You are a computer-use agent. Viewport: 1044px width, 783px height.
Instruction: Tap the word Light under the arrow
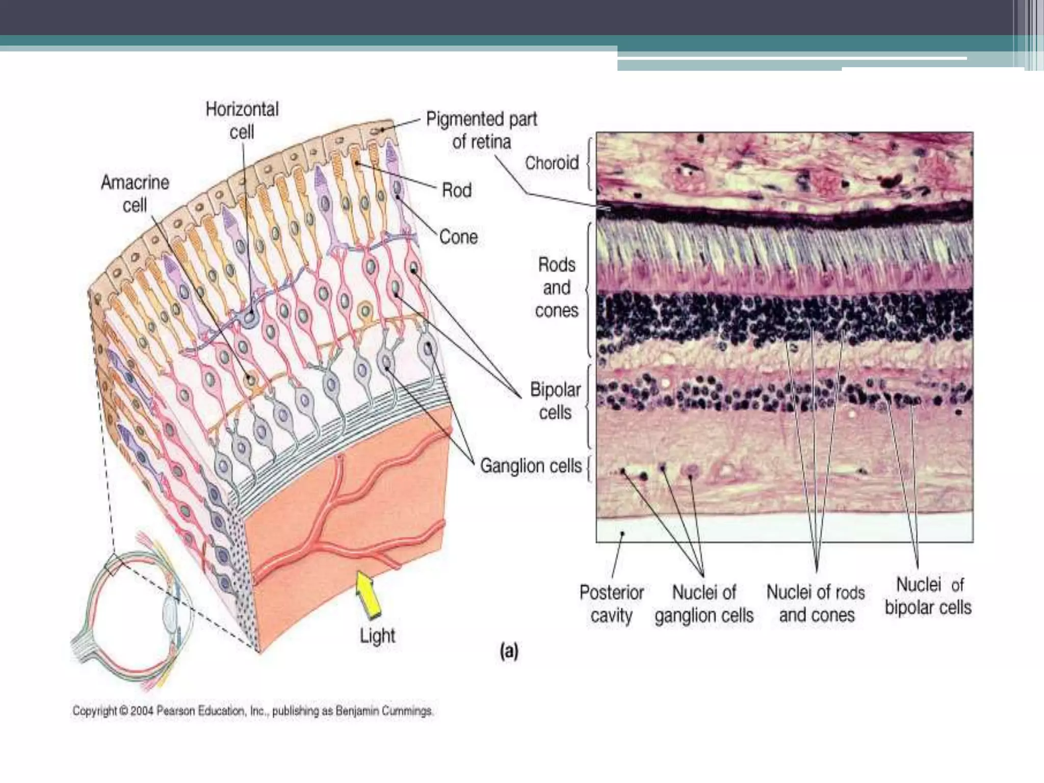coord(377,636)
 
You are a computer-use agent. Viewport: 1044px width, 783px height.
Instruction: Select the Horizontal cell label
coord(242,120)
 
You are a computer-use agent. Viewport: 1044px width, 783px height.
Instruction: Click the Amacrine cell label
coord(135,194)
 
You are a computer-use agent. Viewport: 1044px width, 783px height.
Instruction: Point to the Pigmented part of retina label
coord(482,130)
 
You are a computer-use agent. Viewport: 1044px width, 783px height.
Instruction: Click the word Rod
coord(456,191)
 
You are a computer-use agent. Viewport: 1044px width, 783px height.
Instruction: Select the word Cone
coord(458,237)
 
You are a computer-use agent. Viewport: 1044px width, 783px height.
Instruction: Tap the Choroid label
coord(552,163)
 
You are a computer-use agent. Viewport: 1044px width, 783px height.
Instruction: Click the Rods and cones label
coord(557,288)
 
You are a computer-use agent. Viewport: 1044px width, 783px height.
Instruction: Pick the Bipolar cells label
coord(555,401)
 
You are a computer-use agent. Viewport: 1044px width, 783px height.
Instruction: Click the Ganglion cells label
coord(531,466)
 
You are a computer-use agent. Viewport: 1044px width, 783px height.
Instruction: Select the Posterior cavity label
coord(611,604)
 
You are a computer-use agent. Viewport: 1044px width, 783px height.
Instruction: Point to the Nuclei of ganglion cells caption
coord(704,604)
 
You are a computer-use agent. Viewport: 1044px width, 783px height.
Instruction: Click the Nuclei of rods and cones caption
coord(816,604)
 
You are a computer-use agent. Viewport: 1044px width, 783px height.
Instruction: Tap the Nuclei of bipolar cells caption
coord(928,596)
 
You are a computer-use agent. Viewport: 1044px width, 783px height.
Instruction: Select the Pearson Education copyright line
coord(253,711)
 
